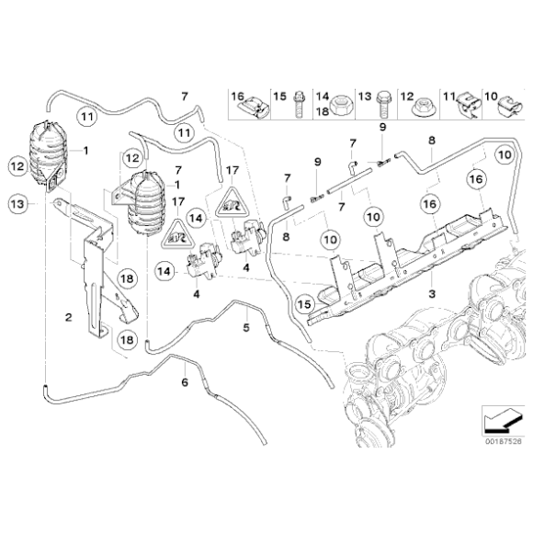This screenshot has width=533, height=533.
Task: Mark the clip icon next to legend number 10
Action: [512, 108]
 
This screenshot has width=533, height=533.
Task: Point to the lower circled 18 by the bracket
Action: [125, 339]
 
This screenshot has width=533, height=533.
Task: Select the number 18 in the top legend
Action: [323, 109]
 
